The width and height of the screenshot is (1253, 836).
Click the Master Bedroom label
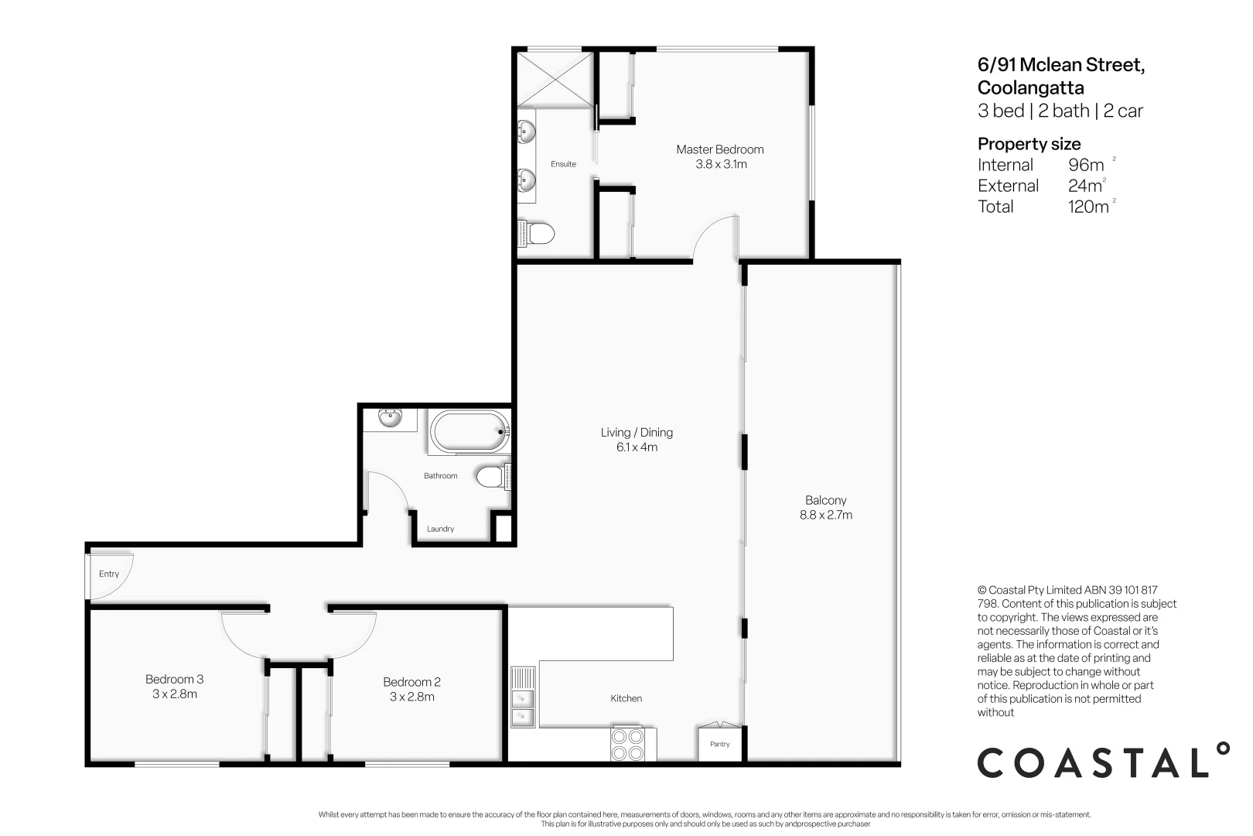719,149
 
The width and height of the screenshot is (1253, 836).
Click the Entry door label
109,574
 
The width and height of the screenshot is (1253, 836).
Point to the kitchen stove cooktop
627,744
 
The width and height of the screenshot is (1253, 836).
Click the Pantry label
719,744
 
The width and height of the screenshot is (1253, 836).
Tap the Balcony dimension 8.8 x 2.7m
825,515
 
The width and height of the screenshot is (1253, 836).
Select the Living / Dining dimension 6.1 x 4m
637,447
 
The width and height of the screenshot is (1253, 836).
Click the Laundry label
440,529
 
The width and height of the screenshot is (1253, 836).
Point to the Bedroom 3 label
174,679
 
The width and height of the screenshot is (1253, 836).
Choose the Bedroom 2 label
411,681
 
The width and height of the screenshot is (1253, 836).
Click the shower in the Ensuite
555,77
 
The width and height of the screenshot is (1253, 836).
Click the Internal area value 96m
1086,165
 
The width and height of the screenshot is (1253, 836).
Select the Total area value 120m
1087,207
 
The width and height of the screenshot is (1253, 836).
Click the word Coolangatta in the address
1030,87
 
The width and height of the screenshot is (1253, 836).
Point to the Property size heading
1029,144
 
